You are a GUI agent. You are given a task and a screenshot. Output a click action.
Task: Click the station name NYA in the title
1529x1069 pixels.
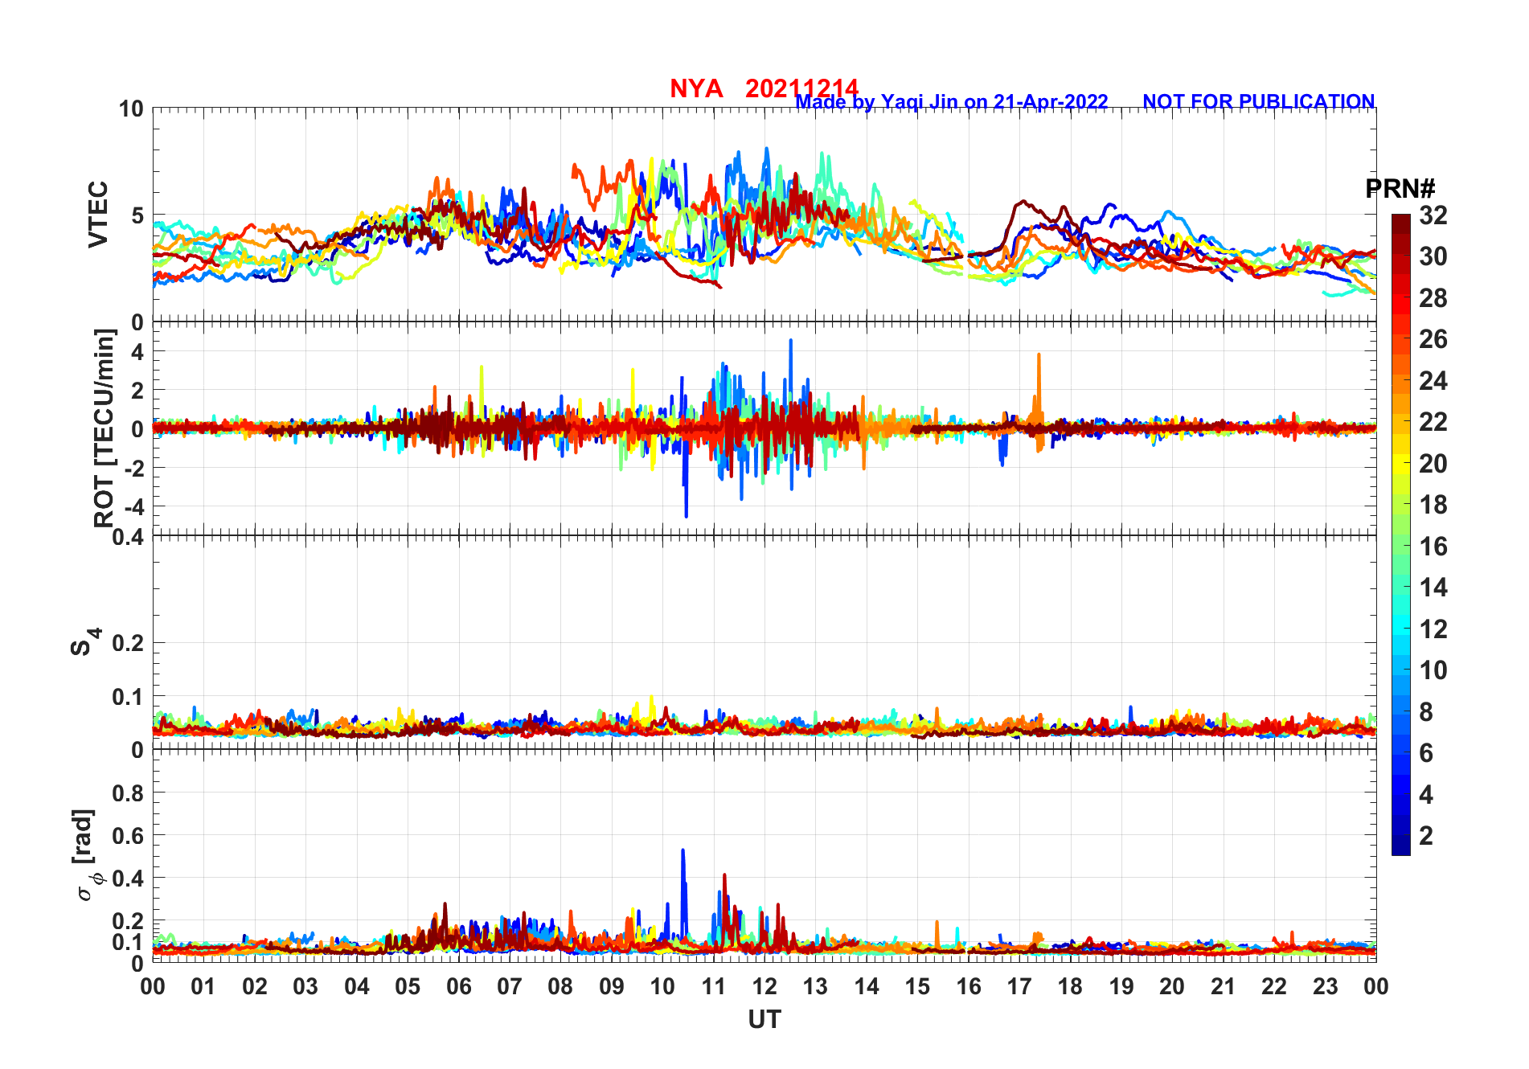[696, 88]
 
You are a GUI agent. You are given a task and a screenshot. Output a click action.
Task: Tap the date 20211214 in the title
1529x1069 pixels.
[801, 88]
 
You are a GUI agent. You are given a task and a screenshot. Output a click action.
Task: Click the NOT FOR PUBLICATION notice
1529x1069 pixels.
[1258, 102]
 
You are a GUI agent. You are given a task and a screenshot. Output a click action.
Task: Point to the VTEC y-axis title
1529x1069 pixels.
[98, 215]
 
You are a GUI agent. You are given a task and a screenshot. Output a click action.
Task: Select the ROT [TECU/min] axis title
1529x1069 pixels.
[105, 428]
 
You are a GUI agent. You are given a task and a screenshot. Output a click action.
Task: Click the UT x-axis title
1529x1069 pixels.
[764, 1020]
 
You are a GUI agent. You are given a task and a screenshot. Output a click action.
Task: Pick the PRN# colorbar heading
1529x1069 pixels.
[1400, 190]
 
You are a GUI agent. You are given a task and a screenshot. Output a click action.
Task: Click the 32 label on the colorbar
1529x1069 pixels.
[1433, 215]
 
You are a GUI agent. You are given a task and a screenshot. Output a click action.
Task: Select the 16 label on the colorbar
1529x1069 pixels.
[1433, 547]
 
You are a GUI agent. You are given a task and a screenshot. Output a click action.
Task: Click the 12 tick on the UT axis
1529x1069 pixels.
[764, 986]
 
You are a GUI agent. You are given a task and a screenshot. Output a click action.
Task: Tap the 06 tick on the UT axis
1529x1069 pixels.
[459, 986]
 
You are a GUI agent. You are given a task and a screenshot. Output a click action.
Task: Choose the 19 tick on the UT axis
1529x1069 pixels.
[1121, 986]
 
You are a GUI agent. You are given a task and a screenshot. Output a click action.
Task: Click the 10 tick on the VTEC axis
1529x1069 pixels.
[132, 109]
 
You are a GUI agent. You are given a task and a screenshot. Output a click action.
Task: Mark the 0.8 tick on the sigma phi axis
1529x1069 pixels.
[128, 793]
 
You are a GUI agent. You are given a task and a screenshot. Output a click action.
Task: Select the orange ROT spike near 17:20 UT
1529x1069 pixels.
[1039, 356]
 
